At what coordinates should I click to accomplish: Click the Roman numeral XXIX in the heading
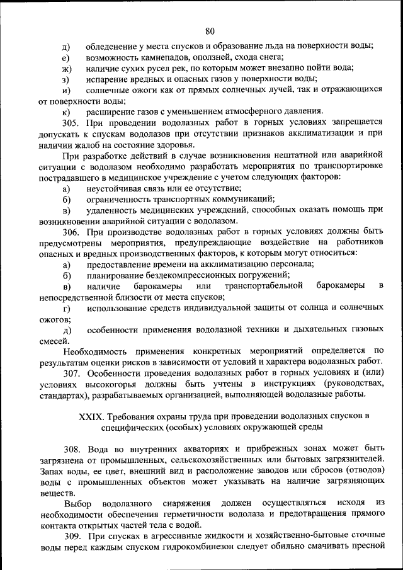91,416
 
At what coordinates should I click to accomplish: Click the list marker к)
66,112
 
